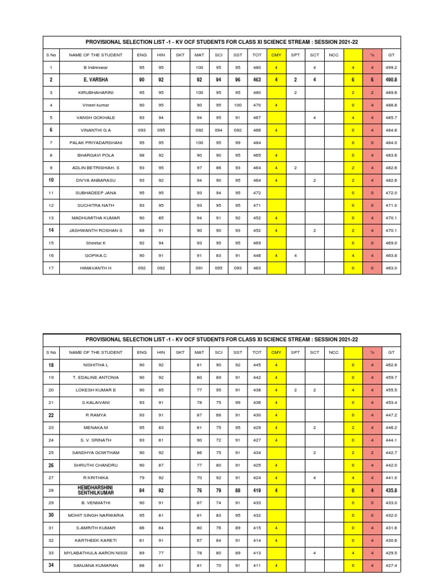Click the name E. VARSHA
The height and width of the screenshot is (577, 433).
(x=96, y=80)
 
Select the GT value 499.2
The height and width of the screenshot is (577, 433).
(x=391, y=67)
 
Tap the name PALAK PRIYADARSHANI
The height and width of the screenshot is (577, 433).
(x=96, y=143)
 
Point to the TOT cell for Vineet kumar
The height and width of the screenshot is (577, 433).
(x=257, y=105)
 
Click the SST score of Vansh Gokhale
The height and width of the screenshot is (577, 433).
(x=237, y=118)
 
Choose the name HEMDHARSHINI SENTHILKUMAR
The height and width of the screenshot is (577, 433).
(x=96, y=490)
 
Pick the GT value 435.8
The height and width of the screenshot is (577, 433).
(x=391, y=490)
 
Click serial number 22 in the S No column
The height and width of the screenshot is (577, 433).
(x=51, y=415)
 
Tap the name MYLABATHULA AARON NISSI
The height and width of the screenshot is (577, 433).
(x=96, y=553)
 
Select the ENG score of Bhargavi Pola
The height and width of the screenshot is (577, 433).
(x=142, y=155)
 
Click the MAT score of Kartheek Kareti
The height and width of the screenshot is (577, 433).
(x=199, y=540)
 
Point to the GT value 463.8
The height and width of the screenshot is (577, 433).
(x=391, y=255)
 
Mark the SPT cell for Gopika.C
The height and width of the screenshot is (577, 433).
(x=295, y=255)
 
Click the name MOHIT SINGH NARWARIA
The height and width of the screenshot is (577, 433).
(x=96, y=515)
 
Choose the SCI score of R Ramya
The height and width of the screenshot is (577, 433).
(x=218, y=415)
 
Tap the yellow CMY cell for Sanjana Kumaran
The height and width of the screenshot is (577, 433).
(x=276, y=565)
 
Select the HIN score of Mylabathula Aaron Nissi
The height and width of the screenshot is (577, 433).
(x=161, y=553)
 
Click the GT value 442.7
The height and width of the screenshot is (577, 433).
(x=391, y=452)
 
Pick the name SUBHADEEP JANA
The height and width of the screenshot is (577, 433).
(x=96, y=193)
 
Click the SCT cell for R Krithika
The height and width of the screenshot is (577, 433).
(x=314, y=477)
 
